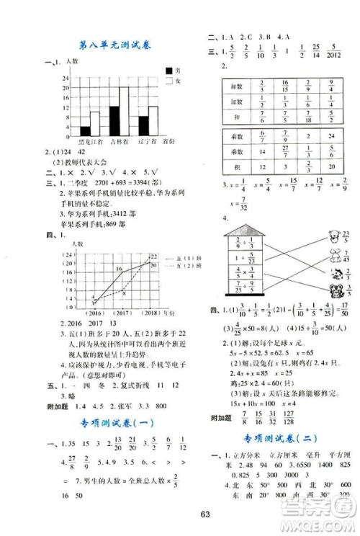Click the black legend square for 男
pos(168,71)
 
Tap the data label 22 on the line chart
pos(153,256)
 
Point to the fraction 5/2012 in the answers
pos(334,53)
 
